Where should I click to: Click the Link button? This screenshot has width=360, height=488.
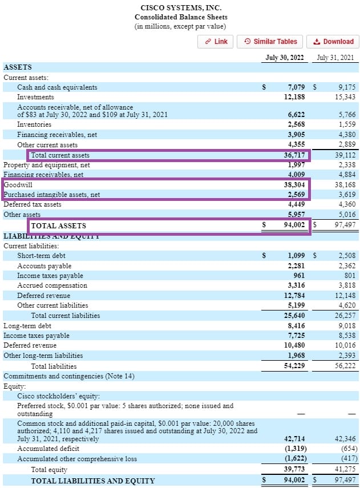[216, 41]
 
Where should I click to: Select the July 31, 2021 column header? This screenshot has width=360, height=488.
[336, 58]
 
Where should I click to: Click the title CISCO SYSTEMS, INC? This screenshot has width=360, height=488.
[180, 8]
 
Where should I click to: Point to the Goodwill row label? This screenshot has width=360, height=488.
[18, 185]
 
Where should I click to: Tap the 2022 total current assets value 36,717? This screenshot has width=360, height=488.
[296, 155]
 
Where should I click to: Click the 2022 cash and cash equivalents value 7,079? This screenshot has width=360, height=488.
[297, 87]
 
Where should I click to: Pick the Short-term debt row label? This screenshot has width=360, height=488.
[41, 256]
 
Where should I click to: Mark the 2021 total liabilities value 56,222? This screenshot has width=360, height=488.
[345, 366]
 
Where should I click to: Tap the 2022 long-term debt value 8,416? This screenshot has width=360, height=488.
[297, 326]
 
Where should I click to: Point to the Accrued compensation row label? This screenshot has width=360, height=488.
[52, 285]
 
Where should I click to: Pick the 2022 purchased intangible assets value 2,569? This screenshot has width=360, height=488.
[297, 195]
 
